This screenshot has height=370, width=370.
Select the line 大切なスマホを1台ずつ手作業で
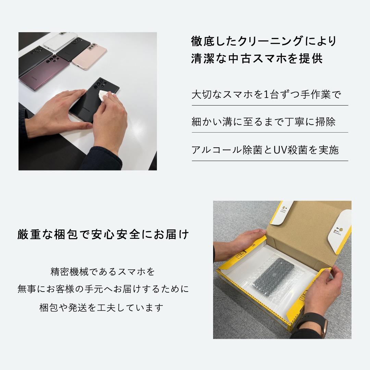(266, 95)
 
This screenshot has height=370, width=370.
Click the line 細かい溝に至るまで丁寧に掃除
(263, 122)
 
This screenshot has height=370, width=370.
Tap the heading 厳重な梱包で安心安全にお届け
(103, 235)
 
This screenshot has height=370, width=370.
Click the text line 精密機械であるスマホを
(103, 272)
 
